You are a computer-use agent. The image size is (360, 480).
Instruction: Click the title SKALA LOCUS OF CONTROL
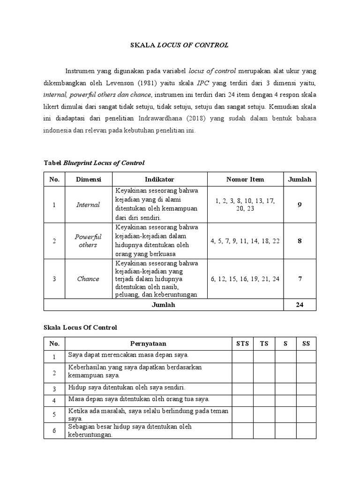click(180, 45)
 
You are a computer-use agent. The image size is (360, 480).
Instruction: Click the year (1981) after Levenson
click(165, 83)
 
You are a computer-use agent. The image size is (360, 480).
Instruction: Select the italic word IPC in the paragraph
click(203, 83)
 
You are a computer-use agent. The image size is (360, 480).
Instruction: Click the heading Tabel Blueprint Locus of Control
click(94, 163)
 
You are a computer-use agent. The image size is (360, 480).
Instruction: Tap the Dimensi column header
click(89, 179)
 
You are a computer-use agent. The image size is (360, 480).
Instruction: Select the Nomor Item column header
click(245, 179)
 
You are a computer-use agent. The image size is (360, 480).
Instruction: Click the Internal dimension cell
click(89, 204)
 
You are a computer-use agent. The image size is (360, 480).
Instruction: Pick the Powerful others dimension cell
click(89, 241)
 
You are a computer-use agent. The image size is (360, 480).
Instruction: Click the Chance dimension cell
click(89, 278)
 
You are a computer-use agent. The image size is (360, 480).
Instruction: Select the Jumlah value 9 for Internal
click(300, 204)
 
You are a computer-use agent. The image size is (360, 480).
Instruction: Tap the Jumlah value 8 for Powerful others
click(300, 241)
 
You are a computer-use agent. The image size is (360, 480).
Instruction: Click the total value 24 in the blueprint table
click(300, 305)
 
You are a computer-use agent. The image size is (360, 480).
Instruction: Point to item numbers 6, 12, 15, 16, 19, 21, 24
click(245, 278)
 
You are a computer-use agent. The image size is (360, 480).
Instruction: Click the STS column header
click(242, 344)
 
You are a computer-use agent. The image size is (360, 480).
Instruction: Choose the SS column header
click(306, 344)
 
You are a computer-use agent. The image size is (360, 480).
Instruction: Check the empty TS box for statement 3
click(264, 388)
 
